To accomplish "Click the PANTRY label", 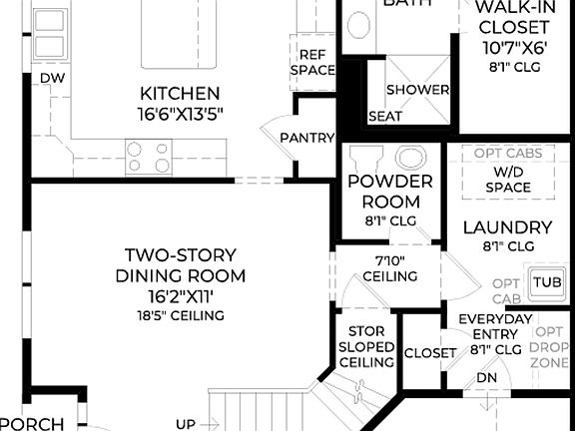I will tap(306, 138).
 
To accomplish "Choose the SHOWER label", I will tap(417, 90).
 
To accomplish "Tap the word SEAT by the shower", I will tap(385, 117).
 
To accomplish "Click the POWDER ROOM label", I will tap(389, 192).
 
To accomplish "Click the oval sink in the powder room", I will tap(409, 158).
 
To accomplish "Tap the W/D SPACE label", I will tap(507, 179).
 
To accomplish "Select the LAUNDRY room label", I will tap(507, 226).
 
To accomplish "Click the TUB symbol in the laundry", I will tap(545, 282).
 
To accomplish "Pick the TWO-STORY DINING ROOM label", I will tap(180, 264).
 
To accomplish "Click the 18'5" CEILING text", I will tap(180, 315).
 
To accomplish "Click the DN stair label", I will tap(486, 378).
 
